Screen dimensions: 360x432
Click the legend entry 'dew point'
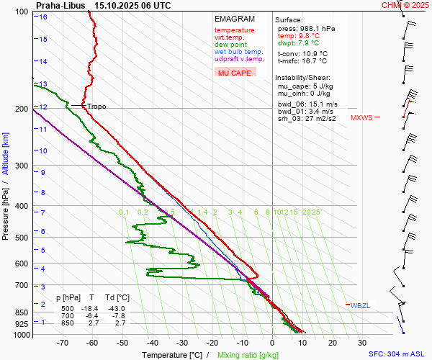pyautogui.click(x=230, y=45)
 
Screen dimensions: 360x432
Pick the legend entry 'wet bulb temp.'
pyautogui.click(x=238, y=52)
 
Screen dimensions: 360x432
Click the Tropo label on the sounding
pyautogui.click(x=96, y=107)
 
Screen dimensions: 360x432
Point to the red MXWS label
pyautogui.click(x=361, y=117)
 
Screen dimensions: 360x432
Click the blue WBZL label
pyautogui.click(x=360, y=305)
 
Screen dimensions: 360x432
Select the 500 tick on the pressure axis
pyautogui.click(x=22, y=238)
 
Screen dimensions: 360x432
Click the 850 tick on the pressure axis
pyautogui.click(x=22, y=312)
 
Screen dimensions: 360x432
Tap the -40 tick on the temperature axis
pyautogui.click(x=153, y=343)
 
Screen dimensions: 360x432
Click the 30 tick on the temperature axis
pyautogui.click(x=362, y=343)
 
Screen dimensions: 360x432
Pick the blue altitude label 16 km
pyautogui.click(x=43, y=17)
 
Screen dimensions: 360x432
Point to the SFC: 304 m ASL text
pyautogui.click(x=397, y=354)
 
